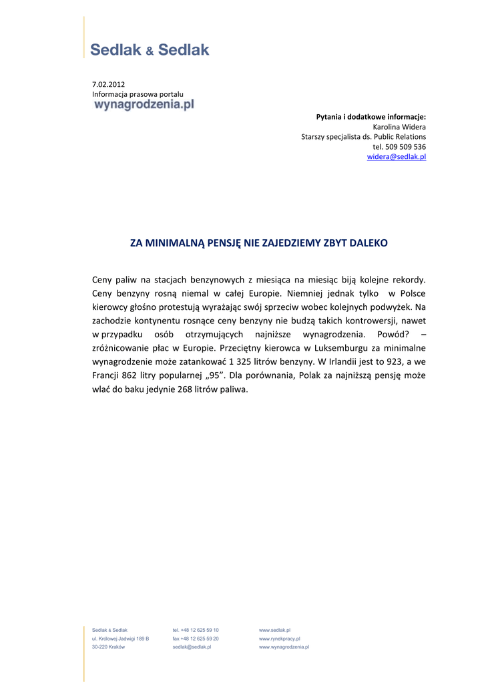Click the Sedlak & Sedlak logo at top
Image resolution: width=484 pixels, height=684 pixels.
150,49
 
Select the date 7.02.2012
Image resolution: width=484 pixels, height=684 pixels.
108,84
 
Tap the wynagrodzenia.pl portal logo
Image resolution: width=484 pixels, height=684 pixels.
144,105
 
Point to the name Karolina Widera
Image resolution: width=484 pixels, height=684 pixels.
399,127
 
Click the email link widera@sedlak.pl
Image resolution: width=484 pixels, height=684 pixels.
396,157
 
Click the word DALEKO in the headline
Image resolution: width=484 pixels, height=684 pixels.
367,243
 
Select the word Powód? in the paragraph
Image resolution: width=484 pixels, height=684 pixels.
393,334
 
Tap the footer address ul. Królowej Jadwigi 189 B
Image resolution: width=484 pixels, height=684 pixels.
120,639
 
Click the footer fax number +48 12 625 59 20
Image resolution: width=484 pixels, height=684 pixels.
196,639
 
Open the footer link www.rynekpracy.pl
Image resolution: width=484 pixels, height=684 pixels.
279,639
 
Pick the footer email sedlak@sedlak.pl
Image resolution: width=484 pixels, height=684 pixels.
192,647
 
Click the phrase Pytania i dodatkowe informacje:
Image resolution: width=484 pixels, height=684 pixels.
371,117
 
